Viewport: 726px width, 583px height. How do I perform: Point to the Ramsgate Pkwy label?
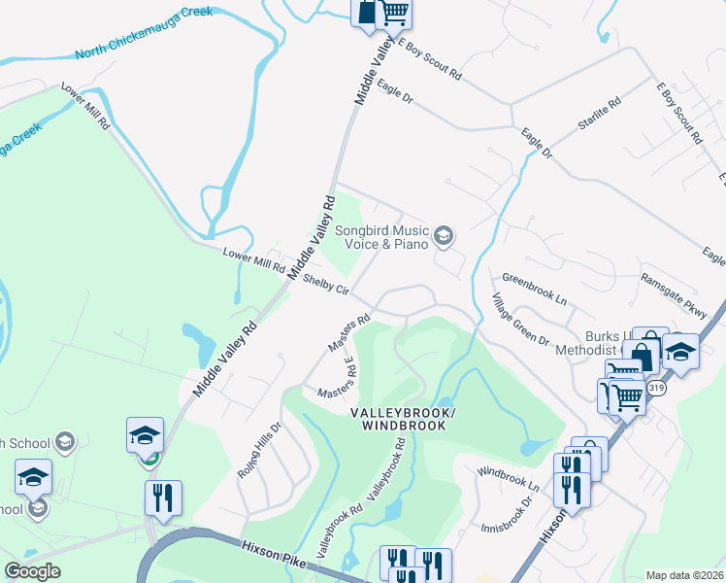pyautogui.click(x=674, y=292)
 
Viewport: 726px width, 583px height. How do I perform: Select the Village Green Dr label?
pyautogui.click(x=520, y=321)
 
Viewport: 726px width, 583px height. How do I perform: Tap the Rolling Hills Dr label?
pyautogui.click(x=259, y=448)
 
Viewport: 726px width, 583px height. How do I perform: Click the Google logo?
pyautogui.click(x=32, y=571)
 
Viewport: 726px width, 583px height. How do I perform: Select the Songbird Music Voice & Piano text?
pyautogui.click(x=381, y=238)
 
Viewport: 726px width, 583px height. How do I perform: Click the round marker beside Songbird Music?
pyautogui.click(x=443, y=234)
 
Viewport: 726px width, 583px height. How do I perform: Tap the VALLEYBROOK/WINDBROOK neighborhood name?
pyautogui.click(x=401, y=420)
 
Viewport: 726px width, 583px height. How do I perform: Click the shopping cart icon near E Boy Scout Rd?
pyautogui.click(x=393, y=13)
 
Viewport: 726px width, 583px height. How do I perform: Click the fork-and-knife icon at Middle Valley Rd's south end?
pyautogui.click(x=163, y=497)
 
